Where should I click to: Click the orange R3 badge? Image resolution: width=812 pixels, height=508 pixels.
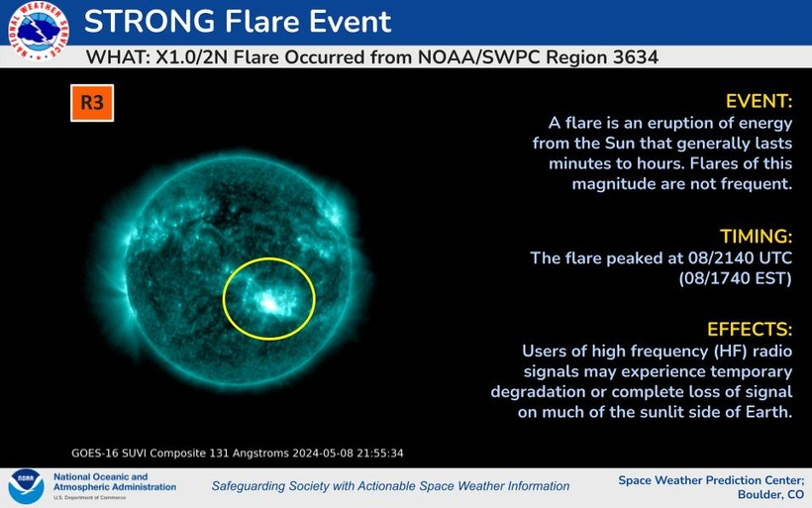pos(92,103)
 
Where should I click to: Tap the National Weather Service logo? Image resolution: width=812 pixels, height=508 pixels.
pos(38,31)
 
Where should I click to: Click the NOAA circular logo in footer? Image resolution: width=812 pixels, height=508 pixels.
pos(26,487)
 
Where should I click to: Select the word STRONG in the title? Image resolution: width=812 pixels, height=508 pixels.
pos(150,21)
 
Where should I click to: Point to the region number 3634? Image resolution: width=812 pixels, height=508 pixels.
pos(636,56)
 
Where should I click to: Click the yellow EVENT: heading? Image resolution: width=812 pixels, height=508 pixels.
pos(759,101)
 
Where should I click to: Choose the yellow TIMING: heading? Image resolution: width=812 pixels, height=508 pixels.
pos(757,236)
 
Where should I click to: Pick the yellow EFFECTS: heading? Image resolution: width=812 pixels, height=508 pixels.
pos(750,330)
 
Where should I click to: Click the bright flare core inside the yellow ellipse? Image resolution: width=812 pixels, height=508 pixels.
pos(269,303)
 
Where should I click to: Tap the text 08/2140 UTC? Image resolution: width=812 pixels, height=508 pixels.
pos(740,257)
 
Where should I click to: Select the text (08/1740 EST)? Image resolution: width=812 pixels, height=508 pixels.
pos(736,278)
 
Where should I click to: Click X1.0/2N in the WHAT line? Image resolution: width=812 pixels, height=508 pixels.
pos(191,57)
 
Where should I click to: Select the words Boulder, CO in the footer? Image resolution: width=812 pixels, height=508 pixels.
pos(771,494)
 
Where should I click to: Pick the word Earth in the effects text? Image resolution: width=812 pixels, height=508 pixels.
pos(768,412)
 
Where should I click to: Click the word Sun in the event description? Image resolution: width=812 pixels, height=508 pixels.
pos(620,143)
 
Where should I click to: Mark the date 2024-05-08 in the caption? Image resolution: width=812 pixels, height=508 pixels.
pos(323,454)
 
